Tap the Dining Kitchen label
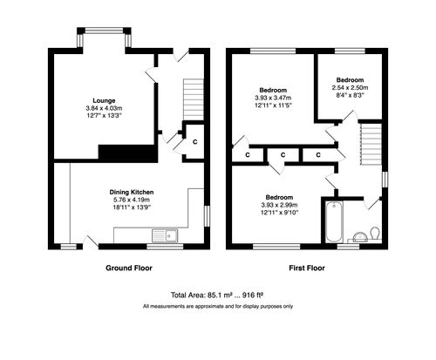(x=131, y=191)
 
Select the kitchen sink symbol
(x=163, y=234)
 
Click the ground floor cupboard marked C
(x=194, y=141)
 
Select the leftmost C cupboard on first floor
(x=249, y=155)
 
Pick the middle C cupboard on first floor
(x=284, y=155)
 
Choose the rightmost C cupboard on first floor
(x=319, y=155)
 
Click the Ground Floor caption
(x=130, y=268)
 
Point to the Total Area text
(x=217, y=295)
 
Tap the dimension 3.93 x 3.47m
(x=273, y=97)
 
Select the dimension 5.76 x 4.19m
(x=131, y=199)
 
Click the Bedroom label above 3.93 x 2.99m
(x=279, y=197)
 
